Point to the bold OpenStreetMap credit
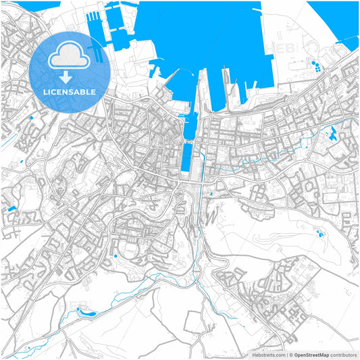coord(311,354)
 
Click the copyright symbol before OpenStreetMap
coord(290,354)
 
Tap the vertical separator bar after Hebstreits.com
coord(286,354)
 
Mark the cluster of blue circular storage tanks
coord(315,67)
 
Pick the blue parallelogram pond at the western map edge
coord(11,209)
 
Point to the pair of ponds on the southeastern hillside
coord(318,234)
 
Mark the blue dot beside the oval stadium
coord(115,256)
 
